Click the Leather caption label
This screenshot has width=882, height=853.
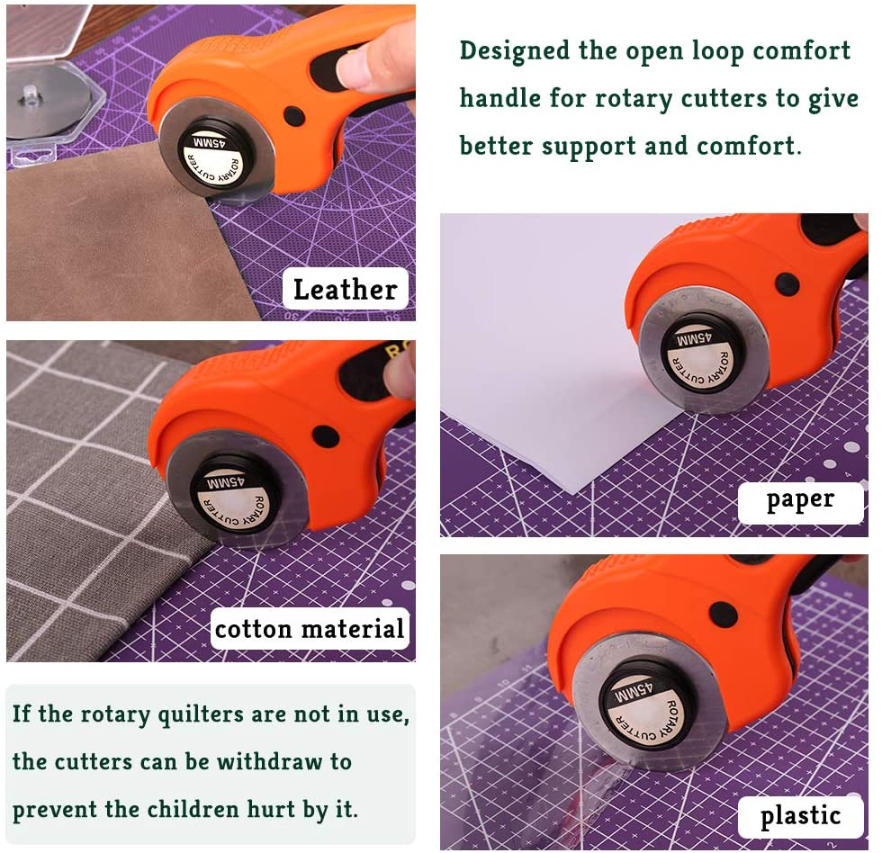click(345, 290)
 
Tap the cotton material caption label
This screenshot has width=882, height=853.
click(310, 628)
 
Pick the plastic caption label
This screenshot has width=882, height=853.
click(800, 816)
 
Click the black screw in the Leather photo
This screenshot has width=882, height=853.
click(294, 116)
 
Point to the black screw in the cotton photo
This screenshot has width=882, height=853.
click(326, 437)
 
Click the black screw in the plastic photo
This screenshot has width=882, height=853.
click(723, 615)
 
